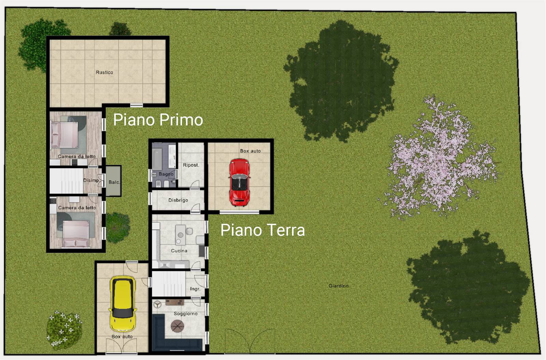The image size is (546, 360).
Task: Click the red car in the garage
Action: [x=239, y=182]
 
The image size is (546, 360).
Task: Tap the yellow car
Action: [x=123, y=304]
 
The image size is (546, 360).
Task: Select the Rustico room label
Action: [x=104, y=72]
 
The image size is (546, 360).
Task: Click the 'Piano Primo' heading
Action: [x=158, y=120]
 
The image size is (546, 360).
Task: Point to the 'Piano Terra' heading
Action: [x=262, y=230]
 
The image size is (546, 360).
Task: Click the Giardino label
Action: [x=339, y=286]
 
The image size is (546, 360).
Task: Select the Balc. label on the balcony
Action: [x=114, y=182]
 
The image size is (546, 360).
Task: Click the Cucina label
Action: [x=179, y=251]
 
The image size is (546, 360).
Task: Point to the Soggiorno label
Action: [x=186, y=314]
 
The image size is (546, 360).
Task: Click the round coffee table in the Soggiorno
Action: [x=177, y=326]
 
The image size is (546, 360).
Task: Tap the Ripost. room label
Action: [x=191, y=165]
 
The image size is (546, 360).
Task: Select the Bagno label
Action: [x=166, y=174]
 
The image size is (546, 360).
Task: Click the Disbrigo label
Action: [x=178, y=200]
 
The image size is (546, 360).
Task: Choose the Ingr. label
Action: [x=195, y=289]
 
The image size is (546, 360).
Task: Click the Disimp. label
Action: [x=91, y=180]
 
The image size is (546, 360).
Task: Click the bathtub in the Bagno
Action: [x=157, y=159]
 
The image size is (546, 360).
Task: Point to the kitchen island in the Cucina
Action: [x=181, y=235]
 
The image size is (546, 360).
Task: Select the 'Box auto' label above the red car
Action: [x=250, y=151]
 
